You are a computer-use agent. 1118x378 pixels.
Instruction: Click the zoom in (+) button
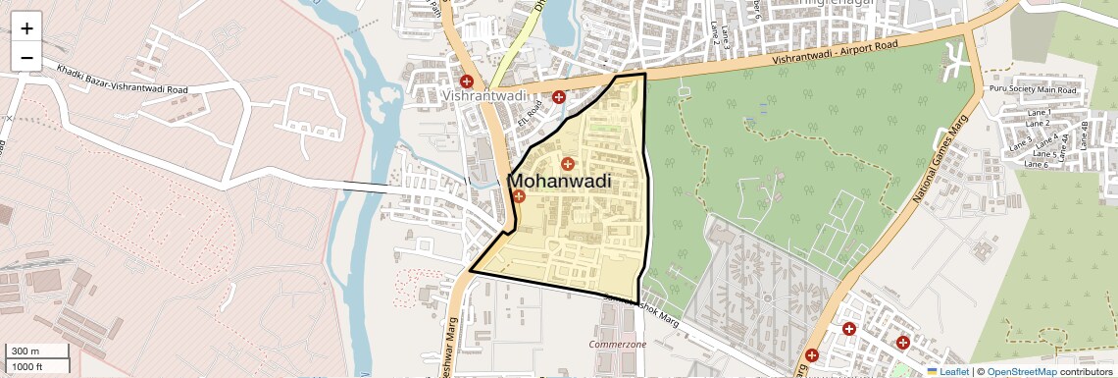pyautogui.click(x=26, y=28)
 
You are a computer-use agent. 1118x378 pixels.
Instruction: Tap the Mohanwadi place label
pyautogui.click(x=559, y=182)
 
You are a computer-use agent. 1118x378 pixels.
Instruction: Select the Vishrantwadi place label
pyautogui.click(x=484, y=97)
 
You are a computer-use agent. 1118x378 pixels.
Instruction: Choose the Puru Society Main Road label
pyautogui.click(x=1033, y=90)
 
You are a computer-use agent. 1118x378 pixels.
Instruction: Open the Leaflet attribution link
pyautogui.click(x=946, y=371)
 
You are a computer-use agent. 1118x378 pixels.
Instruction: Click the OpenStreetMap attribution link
pyautogui.click(x=1021, y=371)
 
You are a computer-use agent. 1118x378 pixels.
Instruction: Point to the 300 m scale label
pyautogui.click(x=25, y=351)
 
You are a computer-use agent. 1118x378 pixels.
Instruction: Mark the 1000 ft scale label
pyautogui.click(x=27, y=366)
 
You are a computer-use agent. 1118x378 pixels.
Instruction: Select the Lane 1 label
pyautogui.click(x=1038, y=113)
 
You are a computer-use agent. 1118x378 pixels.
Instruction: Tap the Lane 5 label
pyautogui.click(x=1045, y=154)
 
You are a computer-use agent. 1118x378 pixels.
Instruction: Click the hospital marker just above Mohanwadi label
pyautogui.click(x=567, y=163)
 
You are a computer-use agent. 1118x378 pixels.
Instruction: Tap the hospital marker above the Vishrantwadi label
pyautogui.click(x=467, y=81)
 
